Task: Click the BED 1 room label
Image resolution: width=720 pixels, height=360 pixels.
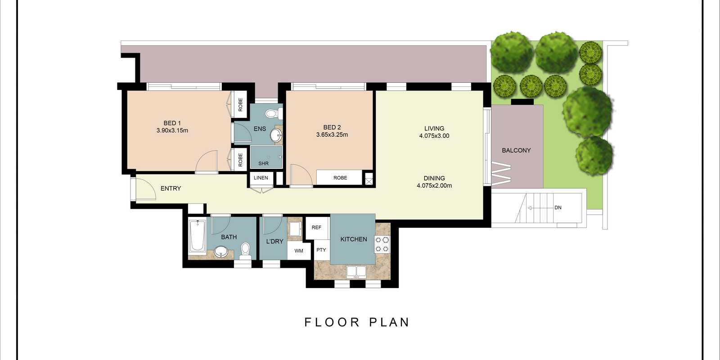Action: pos(172,123)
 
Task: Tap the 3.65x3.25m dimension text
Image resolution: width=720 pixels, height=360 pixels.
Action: pos(332,135)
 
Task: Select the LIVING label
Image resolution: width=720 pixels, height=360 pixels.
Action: pos(434,128)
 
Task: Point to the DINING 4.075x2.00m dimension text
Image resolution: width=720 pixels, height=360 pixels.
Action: pos(434,185)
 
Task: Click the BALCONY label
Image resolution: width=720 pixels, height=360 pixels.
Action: pos(516,150)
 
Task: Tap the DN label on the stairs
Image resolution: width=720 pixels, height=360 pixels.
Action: pos(558,207)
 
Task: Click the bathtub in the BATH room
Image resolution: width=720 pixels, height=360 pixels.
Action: pos(197,236)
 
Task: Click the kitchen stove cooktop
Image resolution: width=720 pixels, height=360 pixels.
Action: pos(382,244)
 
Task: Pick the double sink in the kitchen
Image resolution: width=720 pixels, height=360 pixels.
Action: pos(356,271)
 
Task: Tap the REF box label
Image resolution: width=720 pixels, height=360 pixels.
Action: pos(316,227)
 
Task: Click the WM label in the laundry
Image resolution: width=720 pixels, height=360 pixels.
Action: pos(299,251)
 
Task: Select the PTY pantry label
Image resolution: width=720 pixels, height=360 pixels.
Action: pos(321,250)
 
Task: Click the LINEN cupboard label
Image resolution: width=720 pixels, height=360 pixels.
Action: pos(261,178)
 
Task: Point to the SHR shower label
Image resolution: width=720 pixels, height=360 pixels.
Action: pos(263,163)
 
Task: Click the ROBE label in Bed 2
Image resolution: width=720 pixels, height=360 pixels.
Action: pos(340,178)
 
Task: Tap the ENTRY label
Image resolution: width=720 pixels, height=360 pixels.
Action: pos(171,189)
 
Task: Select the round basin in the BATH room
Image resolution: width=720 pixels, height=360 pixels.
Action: pos(221,252)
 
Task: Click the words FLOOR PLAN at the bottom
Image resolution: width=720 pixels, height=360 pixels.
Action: pos(357,322)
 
